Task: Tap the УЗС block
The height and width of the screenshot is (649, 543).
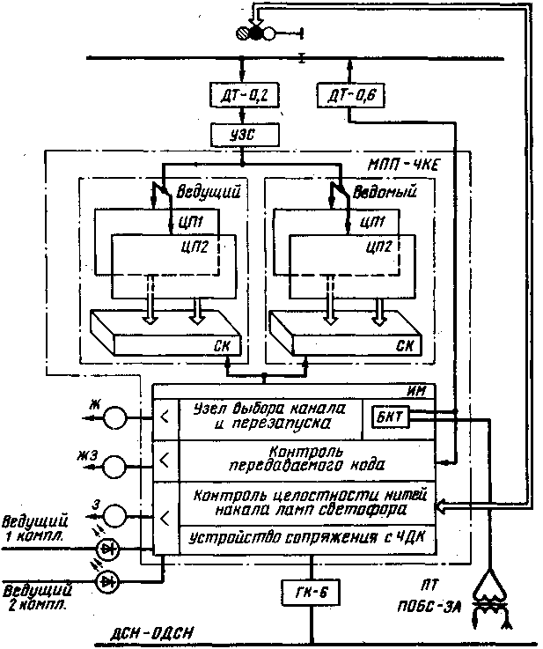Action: coord(242,135)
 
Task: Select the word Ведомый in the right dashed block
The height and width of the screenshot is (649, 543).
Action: coord(385,190)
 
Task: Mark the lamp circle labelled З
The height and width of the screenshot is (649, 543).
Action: coord(113,514)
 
